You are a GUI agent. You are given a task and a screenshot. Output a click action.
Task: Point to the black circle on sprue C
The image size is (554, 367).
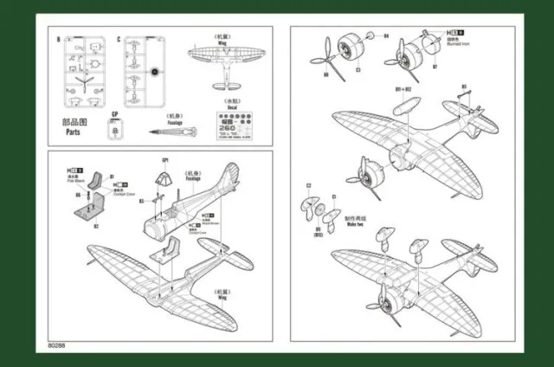pos(155,73)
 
